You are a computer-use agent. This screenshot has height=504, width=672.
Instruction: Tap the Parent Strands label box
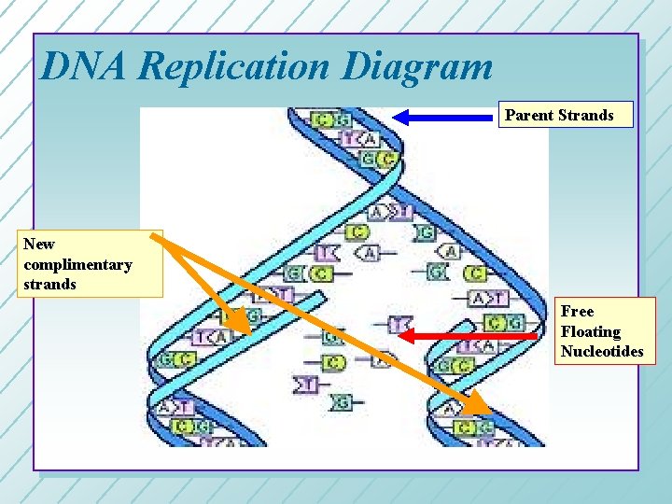(x=566, y=115)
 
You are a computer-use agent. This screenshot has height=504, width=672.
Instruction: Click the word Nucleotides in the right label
(x=602, y=352)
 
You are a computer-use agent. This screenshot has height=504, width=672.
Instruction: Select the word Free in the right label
(x=577, y=311)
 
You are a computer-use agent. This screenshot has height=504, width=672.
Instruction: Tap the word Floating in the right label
(x=590, y=331)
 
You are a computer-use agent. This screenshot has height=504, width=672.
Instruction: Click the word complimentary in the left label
(x=78, y=264)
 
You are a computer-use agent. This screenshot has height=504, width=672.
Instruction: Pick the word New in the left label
(x=39, y=244)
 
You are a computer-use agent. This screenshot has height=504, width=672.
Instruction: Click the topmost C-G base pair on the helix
(x=332, y=119)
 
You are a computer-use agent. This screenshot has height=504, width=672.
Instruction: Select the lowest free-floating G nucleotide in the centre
(x=343, y=402)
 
